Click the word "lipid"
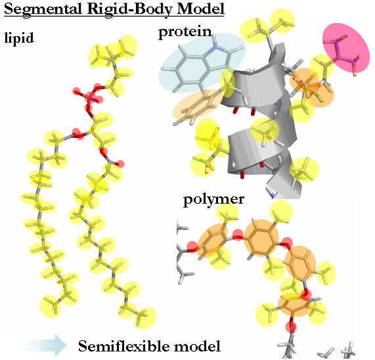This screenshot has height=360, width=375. click(x=19, y=38)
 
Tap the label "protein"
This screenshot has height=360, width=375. click(x=185, y=32)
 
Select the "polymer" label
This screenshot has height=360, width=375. click(x=214, y=200)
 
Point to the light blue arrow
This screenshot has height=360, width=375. click(x=45, y=346)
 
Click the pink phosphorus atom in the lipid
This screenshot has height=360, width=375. click(x=91, y=97)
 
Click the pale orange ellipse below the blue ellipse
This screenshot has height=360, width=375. click(x=198, y=106)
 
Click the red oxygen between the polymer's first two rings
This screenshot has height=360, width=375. click(x=238, y=235)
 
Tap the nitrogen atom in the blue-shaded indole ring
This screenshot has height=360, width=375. click(x=215, y=45)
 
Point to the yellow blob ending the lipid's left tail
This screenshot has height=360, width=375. click(x=50, y=307)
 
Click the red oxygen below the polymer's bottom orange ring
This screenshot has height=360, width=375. click(x=291, y=326)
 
